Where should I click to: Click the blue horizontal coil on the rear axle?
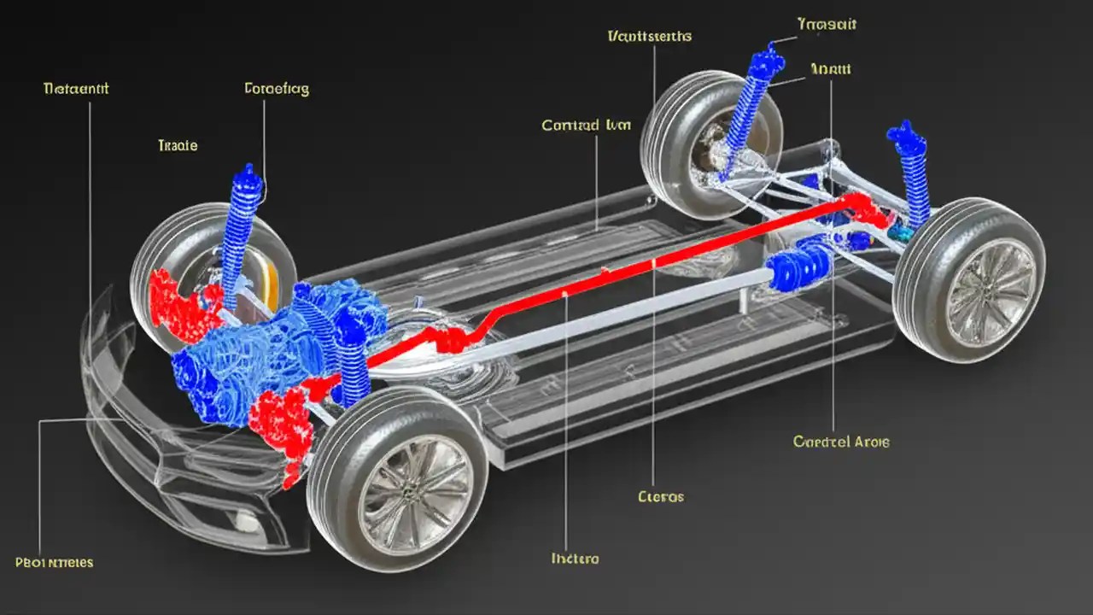798,268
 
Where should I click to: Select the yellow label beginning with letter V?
649,37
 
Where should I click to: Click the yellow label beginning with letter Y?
826,24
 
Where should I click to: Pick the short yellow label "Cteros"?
661,496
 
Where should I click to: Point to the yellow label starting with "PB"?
55,563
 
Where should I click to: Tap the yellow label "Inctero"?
575,559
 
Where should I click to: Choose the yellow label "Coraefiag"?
277,88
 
